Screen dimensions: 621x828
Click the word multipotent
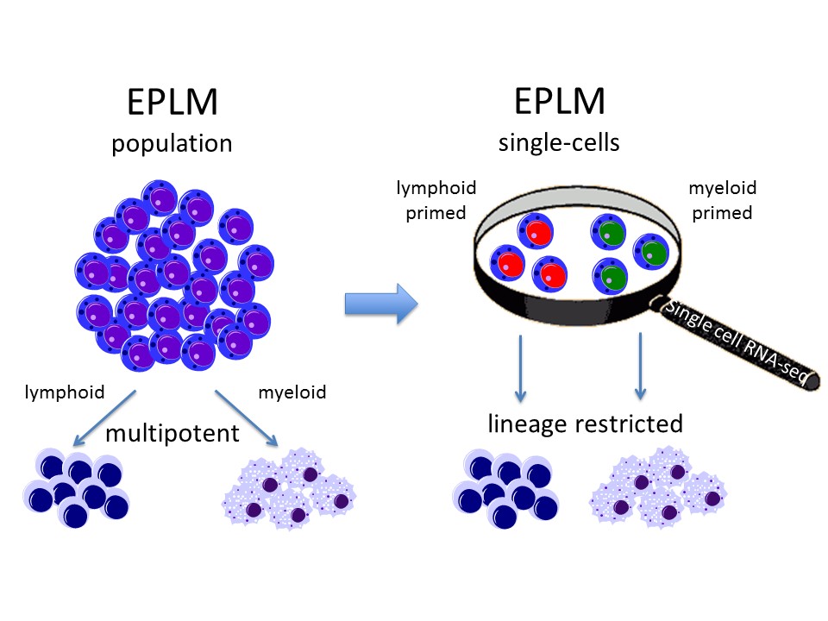pyautogui.click(x=172, y=432)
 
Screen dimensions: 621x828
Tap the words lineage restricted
pyautogui.click(x=585, y=423)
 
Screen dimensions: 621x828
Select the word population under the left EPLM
pyautogui.click(x=172, y=142)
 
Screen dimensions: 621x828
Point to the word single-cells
pyautogui.click(x=559, y=142)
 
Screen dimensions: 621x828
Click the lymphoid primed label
pyautogui.click(x=436, y=200)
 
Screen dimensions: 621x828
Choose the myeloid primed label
pyautogui.click(x=720, y=200)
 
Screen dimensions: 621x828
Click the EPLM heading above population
pyautogui.click(x=172, y=103)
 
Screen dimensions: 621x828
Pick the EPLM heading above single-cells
pyautogui.click(x=560, y=103)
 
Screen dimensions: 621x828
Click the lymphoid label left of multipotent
pyautogui.click(x=64, y=392)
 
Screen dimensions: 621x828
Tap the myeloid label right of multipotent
pyautogui.click(x=292, y=392)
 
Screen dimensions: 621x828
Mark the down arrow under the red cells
pyautogui.click(x=520, y=367)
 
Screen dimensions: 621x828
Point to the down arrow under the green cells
pyautogui.click(x=640, y=367)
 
